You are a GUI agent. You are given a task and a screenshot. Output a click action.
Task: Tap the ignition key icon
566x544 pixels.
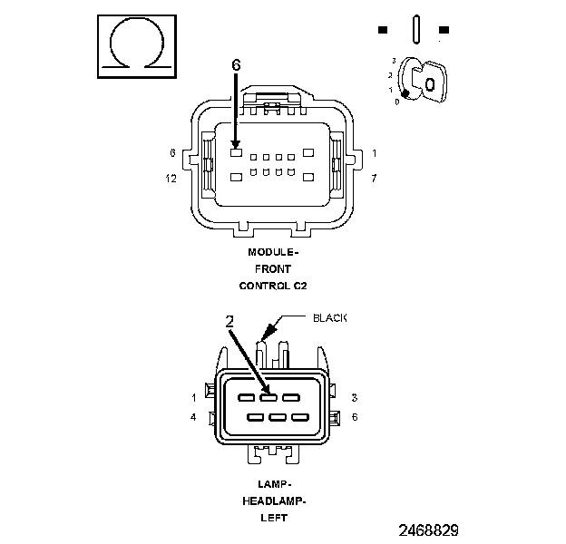point(423,80)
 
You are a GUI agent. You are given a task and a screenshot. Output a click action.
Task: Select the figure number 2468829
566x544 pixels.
point(428,529)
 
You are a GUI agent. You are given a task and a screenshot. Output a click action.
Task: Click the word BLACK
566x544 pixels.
point(329,318)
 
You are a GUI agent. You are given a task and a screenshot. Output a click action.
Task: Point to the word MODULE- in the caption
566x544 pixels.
point(273,252)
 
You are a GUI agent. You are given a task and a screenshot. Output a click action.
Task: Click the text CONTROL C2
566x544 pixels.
point(273,286)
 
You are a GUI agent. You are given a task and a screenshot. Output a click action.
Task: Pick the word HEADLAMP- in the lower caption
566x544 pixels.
point(274,501)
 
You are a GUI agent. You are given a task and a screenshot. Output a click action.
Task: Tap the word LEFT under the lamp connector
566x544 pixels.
point(274,518)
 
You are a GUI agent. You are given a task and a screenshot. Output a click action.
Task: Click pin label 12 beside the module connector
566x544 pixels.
point(171,179)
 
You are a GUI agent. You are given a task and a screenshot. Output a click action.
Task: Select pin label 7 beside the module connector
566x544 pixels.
point(374,178)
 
